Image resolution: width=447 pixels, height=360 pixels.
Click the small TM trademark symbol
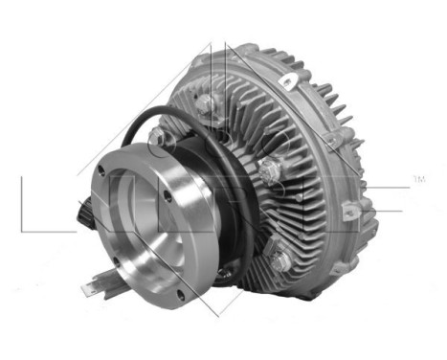(x=417, y=179)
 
